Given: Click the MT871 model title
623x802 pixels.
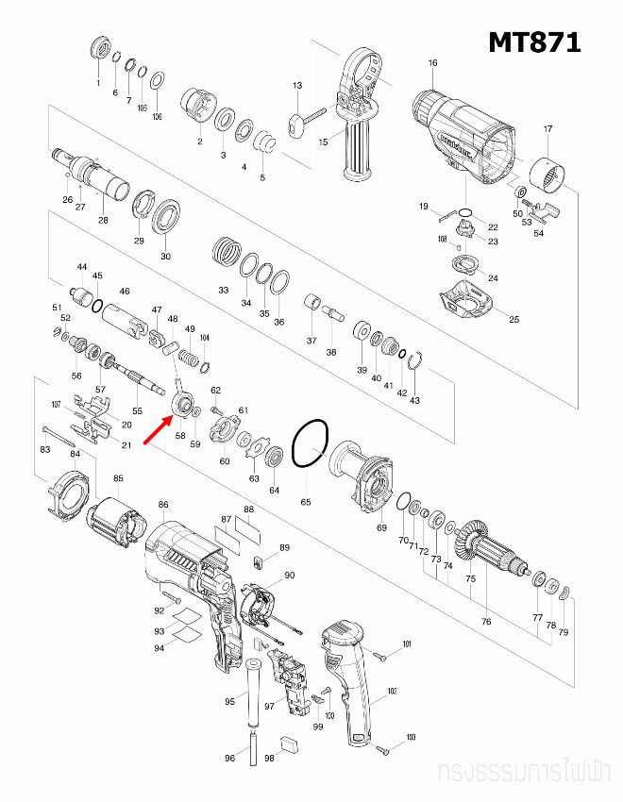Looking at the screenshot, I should [533, 42].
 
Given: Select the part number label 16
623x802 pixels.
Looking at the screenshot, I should [432, 63].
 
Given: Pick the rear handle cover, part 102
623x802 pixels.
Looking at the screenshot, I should [350, 679].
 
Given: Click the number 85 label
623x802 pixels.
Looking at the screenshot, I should [118, 478].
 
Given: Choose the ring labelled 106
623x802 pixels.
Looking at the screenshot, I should [157, 78].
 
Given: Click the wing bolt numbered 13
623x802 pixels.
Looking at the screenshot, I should [299, 121].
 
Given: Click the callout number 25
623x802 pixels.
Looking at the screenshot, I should [514, 320].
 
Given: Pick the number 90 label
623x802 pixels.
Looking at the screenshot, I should [290, 575].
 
